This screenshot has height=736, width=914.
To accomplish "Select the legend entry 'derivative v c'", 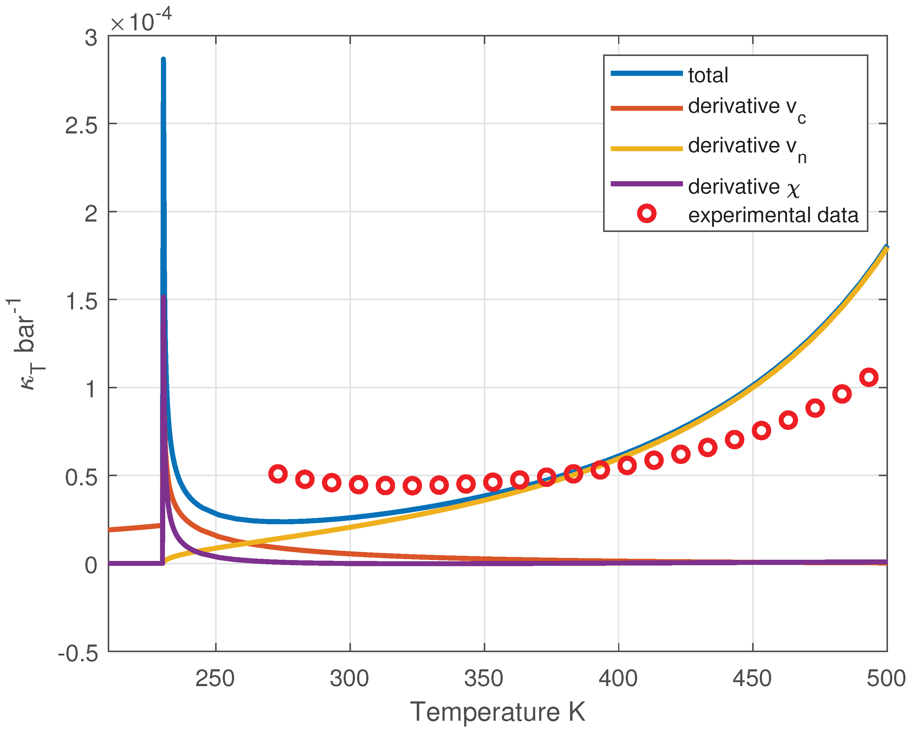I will [746, 108].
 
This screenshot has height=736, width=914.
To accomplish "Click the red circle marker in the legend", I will [647, 213].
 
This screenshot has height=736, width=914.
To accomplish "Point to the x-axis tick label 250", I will [215, 678].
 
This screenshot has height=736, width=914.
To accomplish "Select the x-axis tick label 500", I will [886, 678].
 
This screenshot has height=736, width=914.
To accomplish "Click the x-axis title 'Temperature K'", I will [498, 712].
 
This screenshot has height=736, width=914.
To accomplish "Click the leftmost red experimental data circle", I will [278, 473].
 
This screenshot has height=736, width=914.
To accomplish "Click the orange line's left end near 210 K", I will [110, 529].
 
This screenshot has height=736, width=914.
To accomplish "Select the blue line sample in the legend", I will [647, 73].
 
